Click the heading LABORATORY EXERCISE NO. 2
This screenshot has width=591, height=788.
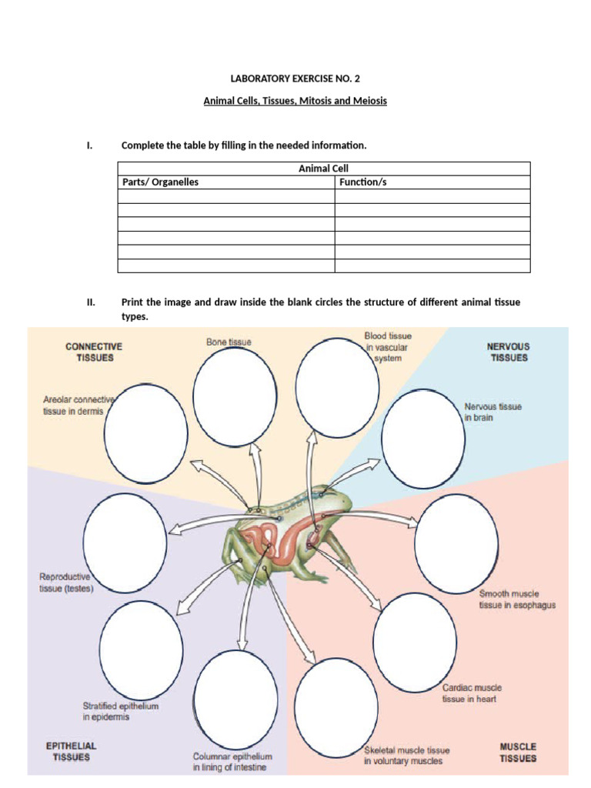coord(295,78)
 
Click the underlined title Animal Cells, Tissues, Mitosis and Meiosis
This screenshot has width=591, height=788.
coord(295,101)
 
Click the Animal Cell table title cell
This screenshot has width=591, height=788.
coord(323,169)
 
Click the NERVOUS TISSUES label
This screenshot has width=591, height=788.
coord(508,352)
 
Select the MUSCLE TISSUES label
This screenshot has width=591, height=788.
coord(518,752)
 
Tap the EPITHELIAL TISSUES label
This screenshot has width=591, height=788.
coord(71,751)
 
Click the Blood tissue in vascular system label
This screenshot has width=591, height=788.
coord(388,347)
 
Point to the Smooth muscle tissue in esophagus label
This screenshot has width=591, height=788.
coord(517,599)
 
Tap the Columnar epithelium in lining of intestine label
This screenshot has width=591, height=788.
coord(232,762)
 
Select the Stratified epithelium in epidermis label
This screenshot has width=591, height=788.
coord(117,710)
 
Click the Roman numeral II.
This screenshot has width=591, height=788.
coord(91,302)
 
